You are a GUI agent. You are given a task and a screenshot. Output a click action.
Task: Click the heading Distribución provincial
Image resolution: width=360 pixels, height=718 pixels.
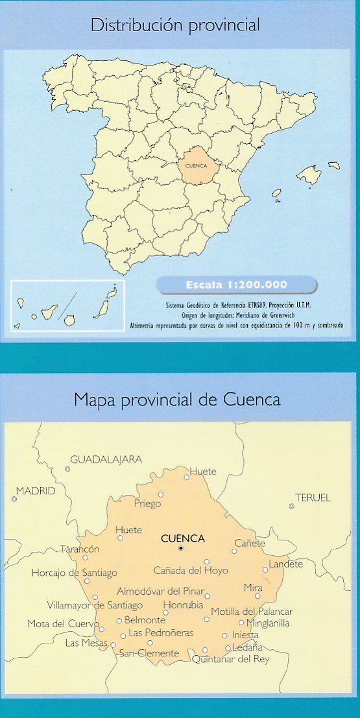(x=175, y=25)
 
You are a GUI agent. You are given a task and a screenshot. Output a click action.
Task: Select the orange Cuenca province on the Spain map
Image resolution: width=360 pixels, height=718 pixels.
(x=197, y=165)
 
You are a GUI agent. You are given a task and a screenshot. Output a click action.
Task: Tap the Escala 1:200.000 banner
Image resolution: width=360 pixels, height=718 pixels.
(x=237, y=284)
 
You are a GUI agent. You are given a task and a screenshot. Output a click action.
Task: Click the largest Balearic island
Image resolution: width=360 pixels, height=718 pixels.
(x=309, y=174)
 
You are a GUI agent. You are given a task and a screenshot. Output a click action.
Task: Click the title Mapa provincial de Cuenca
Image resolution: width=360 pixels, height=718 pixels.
(x=177, y=400)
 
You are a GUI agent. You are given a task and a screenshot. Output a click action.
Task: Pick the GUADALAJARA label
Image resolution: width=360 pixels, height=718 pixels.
(x=106, y=459)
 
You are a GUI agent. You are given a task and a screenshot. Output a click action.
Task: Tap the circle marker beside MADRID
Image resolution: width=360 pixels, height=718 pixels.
(x=14, y=499)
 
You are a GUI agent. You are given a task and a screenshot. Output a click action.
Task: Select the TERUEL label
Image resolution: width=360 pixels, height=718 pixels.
(x=313, y=497)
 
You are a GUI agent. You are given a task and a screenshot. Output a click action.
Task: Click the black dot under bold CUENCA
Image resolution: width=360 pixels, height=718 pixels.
(x=182, y=549)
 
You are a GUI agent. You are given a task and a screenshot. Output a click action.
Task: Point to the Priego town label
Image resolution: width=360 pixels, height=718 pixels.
(x=147, y=503)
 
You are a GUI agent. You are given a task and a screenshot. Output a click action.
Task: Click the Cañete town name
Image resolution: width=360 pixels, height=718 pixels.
(x=250, y=543)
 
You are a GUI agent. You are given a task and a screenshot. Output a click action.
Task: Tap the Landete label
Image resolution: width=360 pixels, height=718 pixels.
(x=285, y=564)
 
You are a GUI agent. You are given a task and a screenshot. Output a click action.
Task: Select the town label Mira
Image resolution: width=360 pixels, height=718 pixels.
(x=253, y=587)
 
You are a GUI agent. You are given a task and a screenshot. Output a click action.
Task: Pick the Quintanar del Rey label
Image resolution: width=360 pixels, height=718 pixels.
(x=230, y=659)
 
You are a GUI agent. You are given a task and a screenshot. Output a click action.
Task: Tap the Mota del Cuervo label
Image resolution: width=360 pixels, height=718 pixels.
(x=64, y=624)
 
